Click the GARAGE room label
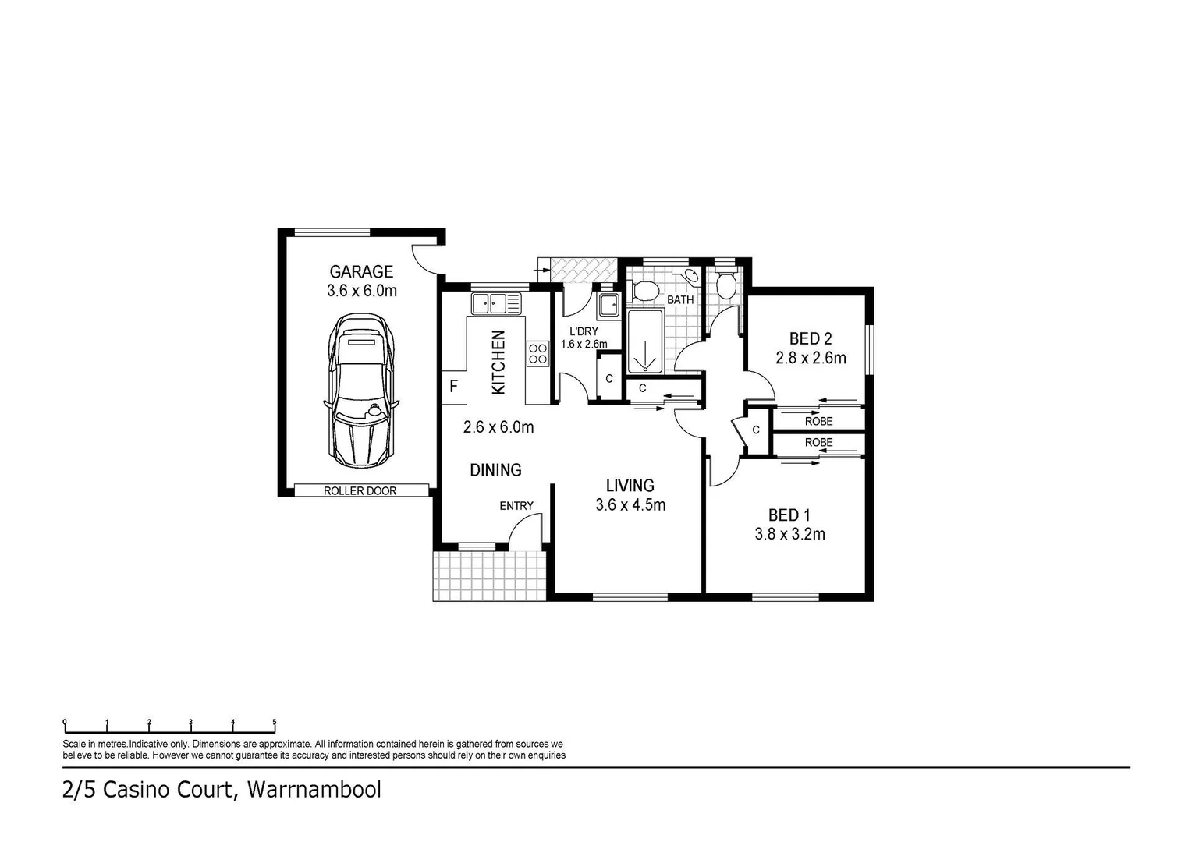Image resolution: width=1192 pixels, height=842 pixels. coord(361,271)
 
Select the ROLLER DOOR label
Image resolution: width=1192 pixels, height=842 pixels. coord(360,491)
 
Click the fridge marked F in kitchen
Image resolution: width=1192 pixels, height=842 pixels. coord(453,386)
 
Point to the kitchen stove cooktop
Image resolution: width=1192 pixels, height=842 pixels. coord(537,353)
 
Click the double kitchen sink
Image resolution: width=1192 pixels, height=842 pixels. coord(496,302)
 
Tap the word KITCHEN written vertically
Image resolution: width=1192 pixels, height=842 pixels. coord(498,362)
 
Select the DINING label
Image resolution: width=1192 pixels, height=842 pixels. coord(495,470)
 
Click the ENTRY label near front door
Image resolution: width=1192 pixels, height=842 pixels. coord(516,506)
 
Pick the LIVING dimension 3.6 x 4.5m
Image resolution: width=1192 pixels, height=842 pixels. coord(630,505)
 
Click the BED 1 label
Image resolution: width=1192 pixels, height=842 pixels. coord(789,515)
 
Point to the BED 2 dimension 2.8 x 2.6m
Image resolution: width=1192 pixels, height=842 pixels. coord(811,359)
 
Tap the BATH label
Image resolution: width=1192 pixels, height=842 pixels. coord(680,299)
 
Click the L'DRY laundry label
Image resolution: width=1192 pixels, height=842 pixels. coord(584,331)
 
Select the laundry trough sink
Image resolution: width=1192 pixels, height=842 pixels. coord(608,305)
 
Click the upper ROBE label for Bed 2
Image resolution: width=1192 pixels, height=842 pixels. coord(818,421)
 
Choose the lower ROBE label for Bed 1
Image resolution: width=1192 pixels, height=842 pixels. coord(818,442)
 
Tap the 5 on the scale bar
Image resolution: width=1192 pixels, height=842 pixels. coord(275,722)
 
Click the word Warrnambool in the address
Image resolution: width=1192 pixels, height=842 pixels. coord(314,790)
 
